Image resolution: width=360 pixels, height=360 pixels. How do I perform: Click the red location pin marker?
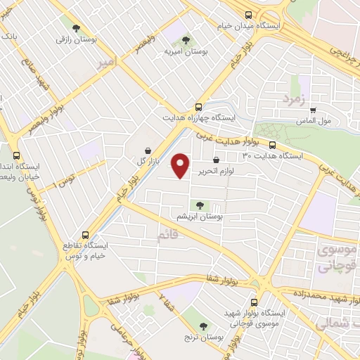click(x=181, y=165)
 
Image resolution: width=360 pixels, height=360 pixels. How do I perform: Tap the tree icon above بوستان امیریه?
click(x=186, y=40)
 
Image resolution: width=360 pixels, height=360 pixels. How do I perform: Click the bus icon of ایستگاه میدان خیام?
click(x=247, y=15)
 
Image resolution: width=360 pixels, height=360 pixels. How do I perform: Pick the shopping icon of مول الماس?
click(x=313, y=110)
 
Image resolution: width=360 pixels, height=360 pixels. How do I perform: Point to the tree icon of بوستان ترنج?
click(x=204, y=326)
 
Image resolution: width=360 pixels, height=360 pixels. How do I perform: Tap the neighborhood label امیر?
click(x=103, y=62)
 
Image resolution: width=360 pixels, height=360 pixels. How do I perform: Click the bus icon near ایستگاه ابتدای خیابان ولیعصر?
click(x=17, y=156)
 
